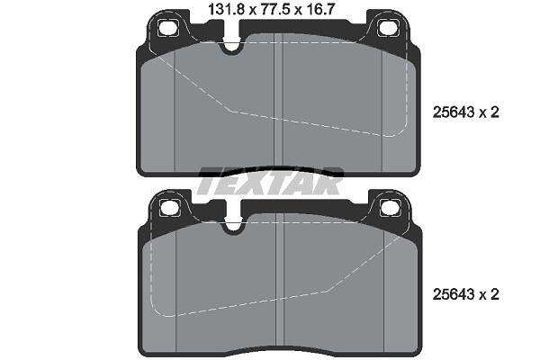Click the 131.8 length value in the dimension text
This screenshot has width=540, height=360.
226,9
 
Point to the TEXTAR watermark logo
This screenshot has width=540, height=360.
270,181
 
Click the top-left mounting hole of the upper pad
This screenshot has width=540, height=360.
167,27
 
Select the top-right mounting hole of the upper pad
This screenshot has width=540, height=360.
388,27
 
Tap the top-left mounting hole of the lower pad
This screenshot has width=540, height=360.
170,208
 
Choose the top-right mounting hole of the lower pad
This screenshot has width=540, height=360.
391,208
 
